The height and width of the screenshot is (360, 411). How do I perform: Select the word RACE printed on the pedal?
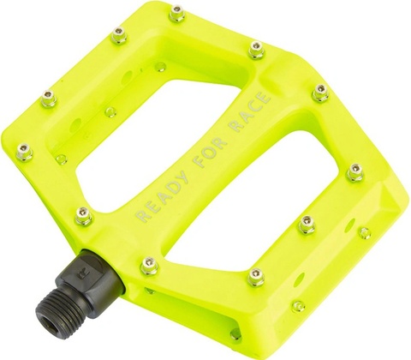[250, 111]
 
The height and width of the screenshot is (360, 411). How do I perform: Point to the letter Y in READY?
[181, 177]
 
